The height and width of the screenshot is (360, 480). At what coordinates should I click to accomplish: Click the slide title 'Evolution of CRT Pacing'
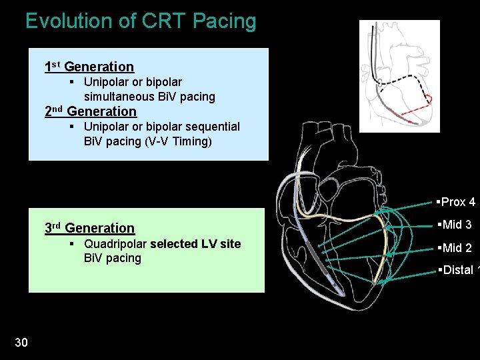coord(141,21)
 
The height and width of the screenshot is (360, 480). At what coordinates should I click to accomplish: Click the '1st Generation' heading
coord(89,67)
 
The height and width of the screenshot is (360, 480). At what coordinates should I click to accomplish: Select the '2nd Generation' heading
coord(91,111)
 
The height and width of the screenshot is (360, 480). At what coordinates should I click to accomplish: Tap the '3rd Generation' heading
coord(89,228)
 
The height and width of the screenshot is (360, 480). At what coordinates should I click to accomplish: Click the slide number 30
coord(21,342)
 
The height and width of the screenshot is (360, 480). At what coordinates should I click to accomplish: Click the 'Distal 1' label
coord(457,270)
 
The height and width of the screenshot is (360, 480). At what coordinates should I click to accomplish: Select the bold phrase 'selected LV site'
coord(195,244)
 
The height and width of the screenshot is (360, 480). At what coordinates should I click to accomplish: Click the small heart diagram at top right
coord(399,75)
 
